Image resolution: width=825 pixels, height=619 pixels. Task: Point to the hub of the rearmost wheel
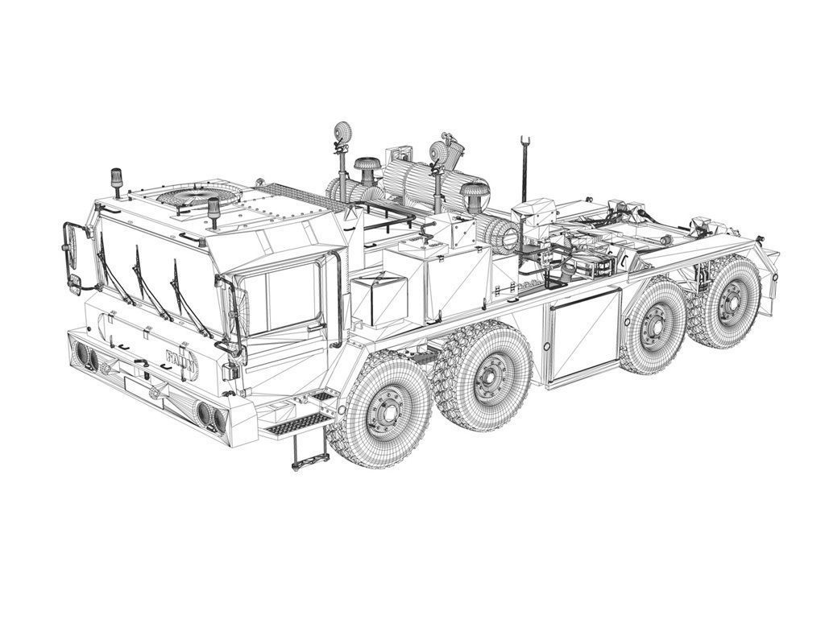(732, 303)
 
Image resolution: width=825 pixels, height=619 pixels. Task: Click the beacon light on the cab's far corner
(116, 181)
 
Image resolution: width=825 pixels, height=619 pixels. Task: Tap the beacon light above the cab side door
(214, 207)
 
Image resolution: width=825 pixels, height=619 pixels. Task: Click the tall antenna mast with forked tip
(524, 169)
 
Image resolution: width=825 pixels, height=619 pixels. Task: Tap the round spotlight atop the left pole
(342, 134)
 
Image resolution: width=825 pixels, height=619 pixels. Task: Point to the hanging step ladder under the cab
(309, 451)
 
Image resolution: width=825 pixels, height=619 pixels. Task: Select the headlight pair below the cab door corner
(210, 415)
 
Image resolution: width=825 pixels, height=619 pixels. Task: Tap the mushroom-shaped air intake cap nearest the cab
(367, 168)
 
